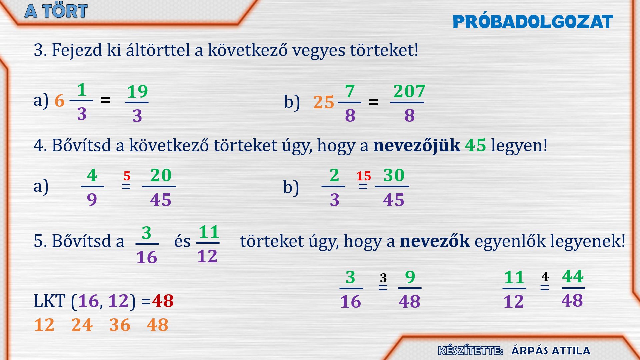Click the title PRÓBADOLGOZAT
[533, 22]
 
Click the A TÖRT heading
[56, 11]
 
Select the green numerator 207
[409, 91]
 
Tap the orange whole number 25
[323, 102]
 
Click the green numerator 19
[137, 91]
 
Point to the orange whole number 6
[59, 100]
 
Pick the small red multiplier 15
[363, 176]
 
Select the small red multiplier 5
[127, 176]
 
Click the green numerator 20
[161, 175]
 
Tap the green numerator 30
[394, 175]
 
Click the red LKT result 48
[163, 301]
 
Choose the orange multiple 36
[120, 325]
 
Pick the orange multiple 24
[82, 325]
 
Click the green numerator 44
[573, 276]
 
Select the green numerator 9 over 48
[410, 277]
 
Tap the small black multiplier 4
[545, 276]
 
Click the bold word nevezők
[435, 241]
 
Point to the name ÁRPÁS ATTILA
[551, 351]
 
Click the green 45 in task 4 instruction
[475, 145]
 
